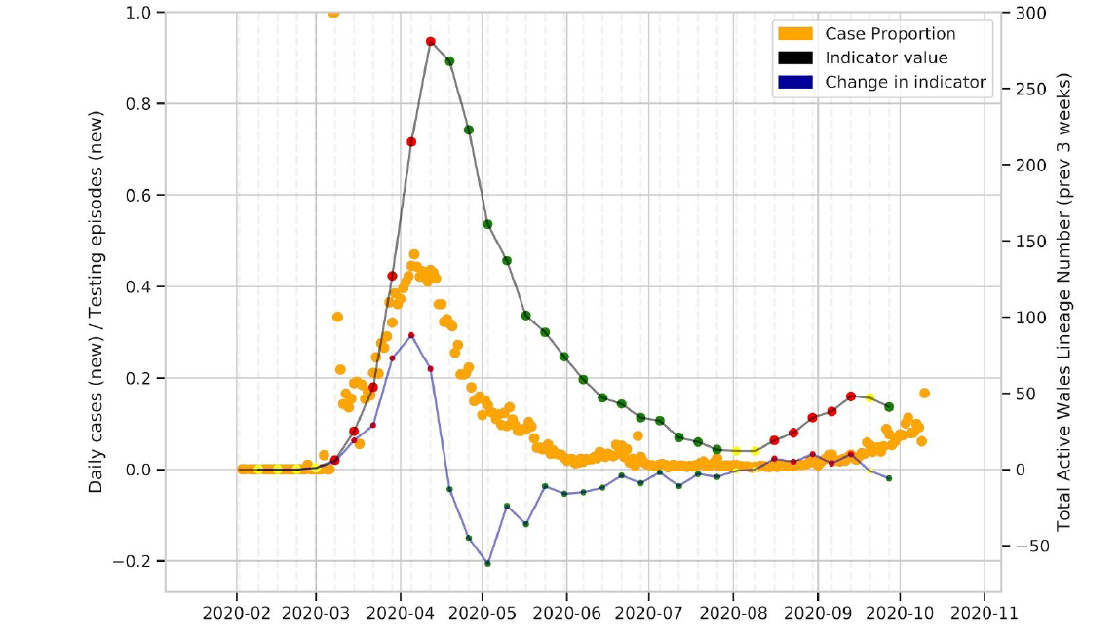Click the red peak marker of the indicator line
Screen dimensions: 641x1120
(430, 41)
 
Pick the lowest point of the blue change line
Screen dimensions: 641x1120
(487, 563)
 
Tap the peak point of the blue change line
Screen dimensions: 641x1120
(411, 335)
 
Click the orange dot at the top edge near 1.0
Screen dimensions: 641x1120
(333, 13)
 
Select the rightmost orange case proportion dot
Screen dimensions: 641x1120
(924, 394)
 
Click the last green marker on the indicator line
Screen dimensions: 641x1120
(889, 406)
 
